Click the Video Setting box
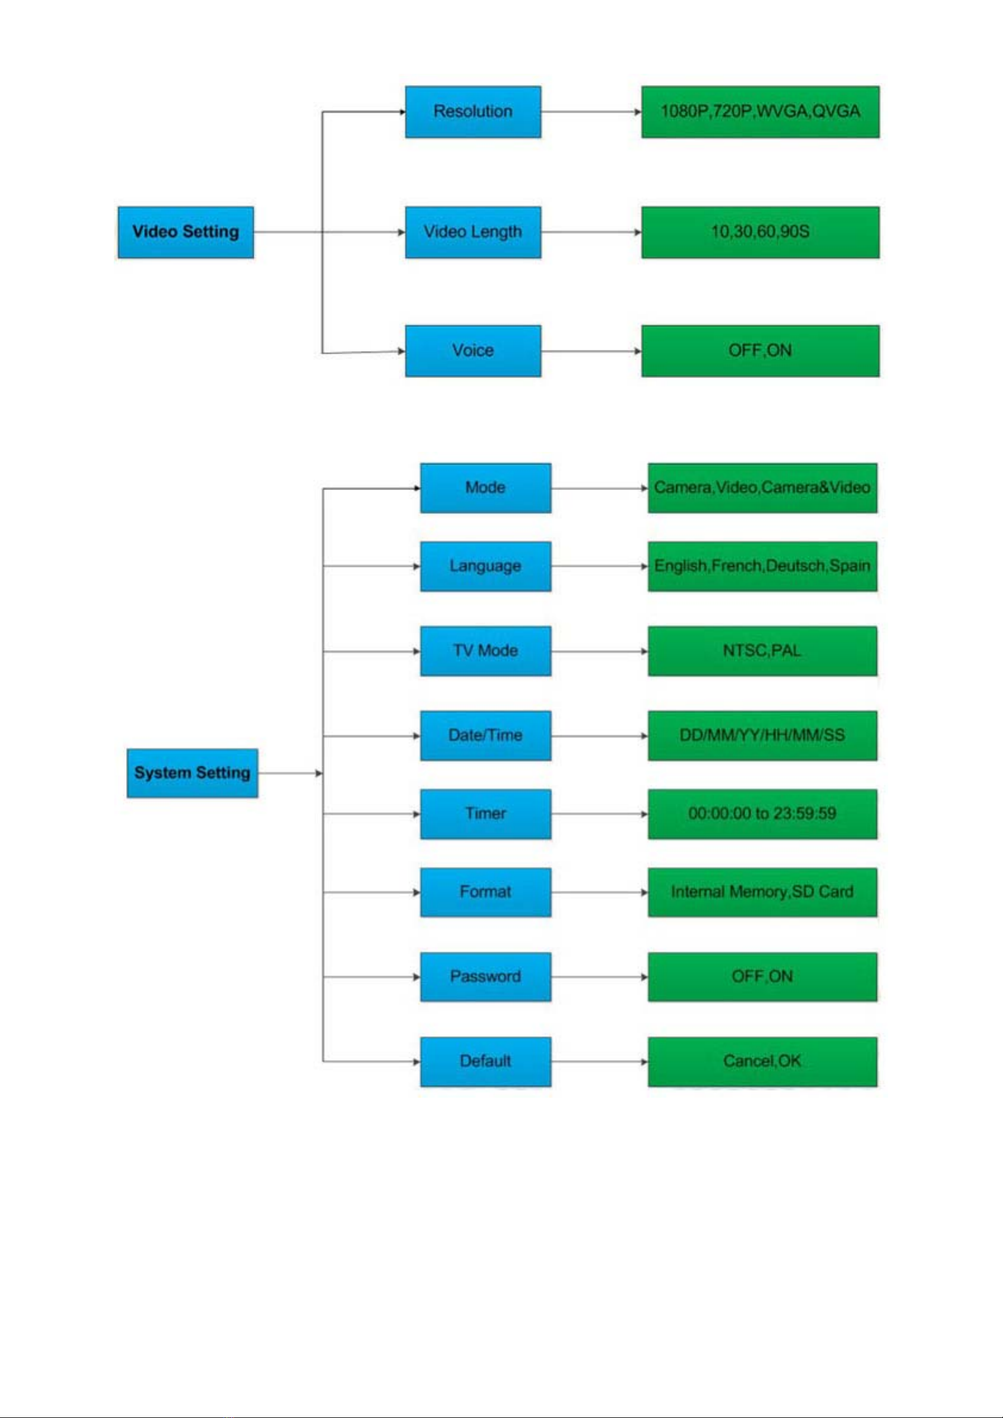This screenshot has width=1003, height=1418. (185, 232)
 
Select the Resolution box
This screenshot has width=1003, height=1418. (473, 112)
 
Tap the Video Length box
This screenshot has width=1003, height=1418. (473, 232)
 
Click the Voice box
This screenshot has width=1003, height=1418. (473, 351)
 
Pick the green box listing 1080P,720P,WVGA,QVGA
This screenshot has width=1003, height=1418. (760, 112)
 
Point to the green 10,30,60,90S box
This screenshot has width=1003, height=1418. (760, 232)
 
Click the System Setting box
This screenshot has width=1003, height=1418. (192, 773)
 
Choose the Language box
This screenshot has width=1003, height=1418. (486, 566)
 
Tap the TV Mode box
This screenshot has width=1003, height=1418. (486, 651)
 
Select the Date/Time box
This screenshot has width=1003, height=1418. (486, 736)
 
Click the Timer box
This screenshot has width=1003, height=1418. (486, 814)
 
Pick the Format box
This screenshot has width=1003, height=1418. (486, 892)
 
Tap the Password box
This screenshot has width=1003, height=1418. (486, 977)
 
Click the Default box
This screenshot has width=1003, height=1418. (486, 1061)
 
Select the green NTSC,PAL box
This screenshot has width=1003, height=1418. (762, 651)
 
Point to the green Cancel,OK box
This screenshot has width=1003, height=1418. (762, 1061)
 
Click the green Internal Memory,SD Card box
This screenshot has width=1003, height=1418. (762, 892)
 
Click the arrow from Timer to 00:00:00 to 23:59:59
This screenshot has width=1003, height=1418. (599, 814)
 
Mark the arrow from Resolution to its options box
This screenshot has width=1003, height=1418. (591, 112)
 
